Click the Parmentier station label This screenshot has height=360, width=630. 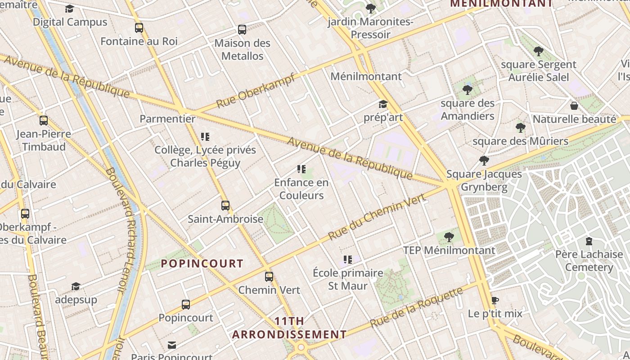(x=167, y=119)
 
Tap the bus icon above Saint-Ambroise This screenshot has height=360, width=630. (x=225, y=206)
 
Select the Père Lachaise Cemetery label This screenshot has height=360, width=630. (x=589, y=261)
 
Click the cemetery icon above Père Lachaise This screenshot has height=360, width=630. (x=589, y=242)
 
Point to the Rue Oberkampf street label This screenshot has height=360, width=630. (x=256, y=90)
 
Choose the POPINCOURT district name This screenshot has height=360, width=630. (x=202, y=264)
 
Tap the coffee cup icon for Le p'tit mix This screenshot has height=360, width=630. (x=495, y=300)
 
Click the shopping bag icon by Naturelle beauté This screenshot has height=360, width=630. (x=574, y=106)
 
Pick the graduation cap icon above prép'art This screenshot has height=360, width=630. (x=383, y=104)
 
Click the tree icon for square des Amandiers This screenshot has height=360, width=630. (x=468, y=90)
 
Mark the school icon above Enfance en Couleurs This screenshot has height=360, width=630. (x=301, y=170)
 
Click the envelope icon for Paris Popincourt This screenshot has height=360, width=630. (x=172, y=345)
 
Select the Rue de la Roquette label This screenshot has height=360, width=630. (x=416, y=308)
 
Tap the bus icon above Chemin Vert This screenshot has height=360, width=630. (x=269, y=276)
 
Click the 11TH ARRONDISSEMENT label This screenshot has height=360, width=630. (x=289, y=328)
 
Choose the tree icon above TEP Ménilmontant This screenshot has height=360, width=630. (x=449, y=237)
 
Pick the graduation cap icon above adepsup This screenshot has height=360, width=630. (x=76, y=287)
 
